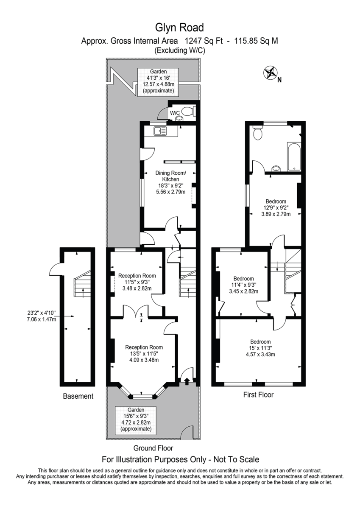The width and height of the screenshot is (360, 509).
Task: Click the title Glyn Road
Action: pos(179,28)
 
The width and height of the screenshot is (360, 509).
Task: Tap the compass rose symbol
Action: pos(270,73)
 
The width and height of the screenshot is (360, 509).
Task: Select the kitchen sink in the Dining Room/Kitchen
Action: pos(160,131)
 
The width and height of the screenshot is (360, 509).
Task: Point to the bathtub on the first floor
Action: pos(294,157)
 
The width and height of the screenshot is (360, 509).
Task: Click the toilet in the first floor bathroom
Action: pos(258,132)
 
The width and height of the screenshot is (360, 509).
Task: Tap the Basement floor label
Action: pos(78,396)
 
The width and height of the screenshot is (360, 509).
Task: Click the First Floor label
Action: pos(258,394)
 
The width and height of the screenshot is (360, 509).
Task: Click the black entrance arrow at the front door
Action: pos(187,381)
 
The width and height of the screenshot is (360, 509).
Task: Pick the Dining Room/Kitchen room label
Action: pos(170,176)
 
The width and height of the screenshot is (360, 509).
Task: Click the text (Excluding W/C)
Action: pos(180,50)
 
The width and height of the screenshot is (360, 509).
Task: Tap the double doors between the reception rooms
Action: pos(136,310)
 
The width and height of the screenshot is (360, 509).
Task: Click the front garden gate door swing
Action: pos(187,433)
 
